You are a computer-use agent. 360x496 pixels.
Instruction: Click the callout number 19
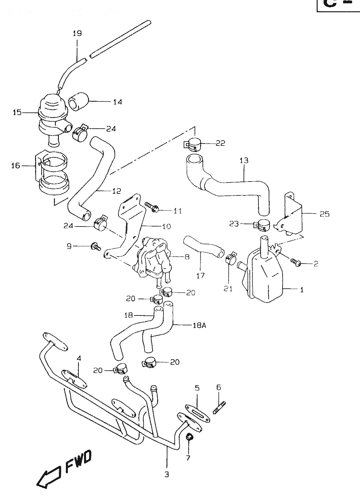pos(77,33)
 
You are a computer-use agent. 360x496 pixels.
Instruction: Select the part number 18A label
pos(199,325)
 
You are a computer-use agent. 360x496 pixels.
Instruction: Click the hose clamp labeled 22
pos(192,144)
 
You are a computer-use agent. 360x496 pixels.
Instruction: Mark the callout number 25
pos(325,214)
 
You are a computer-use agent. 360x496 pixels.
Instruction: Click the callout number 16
pos(16,166)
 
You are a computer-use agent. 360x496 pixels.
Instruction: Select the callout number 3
pos(166,474)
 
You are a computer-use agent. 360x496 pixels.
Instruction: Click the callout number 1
pos(301,290)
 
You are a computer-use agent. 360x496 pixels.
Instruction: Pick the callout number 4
pos(78,358)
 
